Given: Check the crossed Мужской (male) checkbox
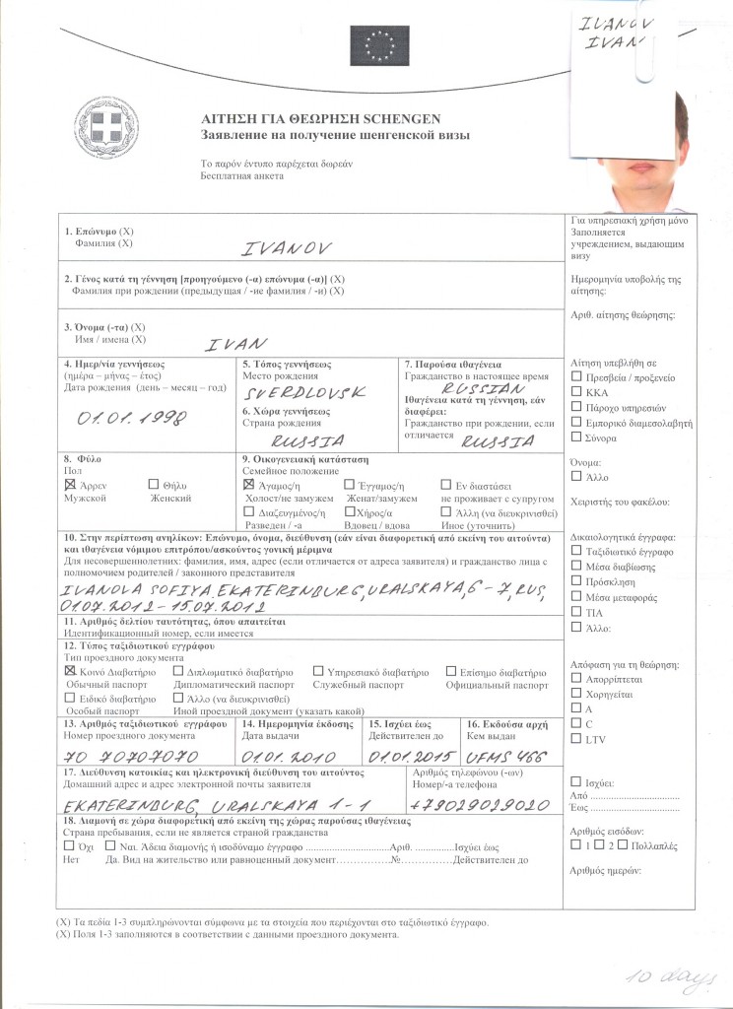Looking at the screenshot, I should click(x=69, y=486).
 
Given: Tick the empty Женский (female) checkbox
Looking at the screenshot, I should click(x=153, y=485).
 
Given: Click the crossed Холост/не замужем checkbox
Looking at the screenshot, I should click(x=248, y=486).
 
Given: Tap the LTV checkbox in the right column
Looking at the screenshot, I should click(x=576, y=738).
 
